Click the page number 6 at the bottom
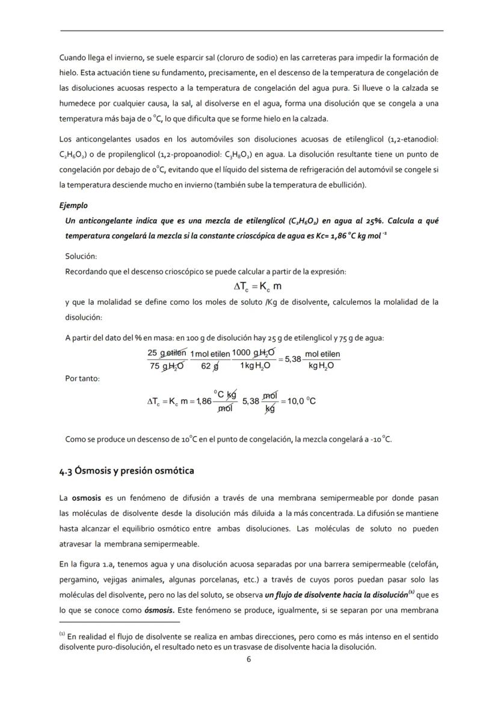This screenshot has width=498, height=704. tap(248, 659)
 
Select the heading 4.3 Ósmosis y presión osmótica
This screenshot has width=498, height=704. tap(126, 470)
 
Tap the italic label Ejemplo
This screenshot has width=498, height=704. tap(73, 205)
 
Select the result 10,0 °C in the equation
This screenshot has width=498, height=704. tap(301, 400)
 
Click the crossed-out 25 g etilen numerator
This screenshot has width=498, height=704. tap(167, 354)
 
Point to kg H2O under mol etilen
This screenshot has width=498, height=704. tap(322, 366)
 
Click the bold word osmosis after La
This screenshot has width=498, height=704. tap(84, 498)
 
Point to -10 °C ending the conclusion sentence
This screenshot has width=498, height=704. tap(381, 439)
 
